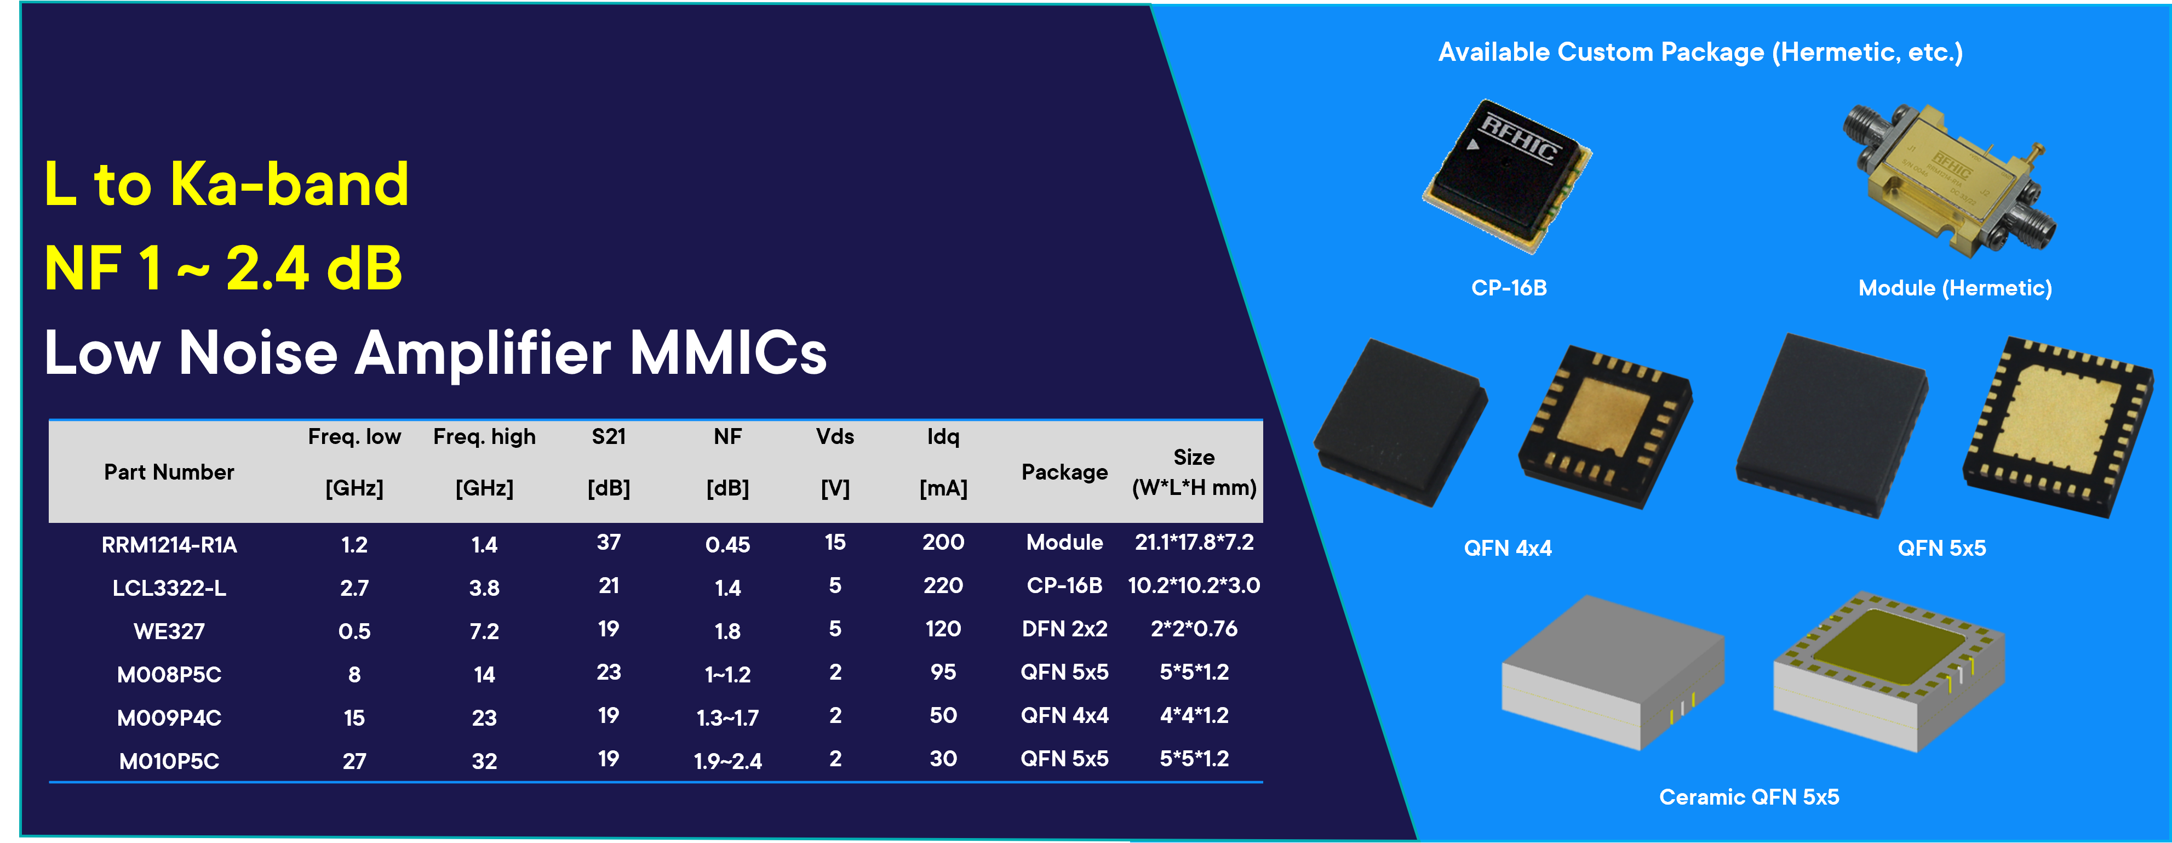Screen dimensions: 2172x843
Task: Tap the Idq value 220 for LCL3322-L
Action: [943, 585]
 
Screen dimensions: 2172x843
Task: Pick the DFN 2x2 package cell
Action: [1064, 629]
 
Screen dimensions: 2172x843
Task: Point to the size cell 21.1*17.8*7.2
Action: [1194, 542]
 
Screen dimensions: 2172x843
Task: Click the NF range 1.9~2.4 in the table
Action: [727, 761]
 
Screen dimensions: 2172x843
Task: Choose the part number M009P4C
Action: [169, 718]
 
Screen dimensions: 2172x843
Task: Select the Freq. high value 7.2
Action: [484, 631]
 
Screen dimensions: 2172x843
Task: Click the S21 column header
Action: [609, 436]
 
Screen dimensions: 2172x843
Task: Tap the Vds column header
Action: [835, 436]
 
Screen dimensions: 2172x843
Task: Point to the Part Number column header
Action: [169, 472]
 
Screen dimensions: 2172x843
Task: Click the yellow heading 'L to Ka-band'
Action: [226, 184]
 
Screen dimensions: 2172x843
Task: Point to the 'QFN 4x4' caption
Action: [1508, 548]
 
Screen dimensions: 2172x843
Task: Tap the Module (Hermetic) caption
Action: [1955, 288]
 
